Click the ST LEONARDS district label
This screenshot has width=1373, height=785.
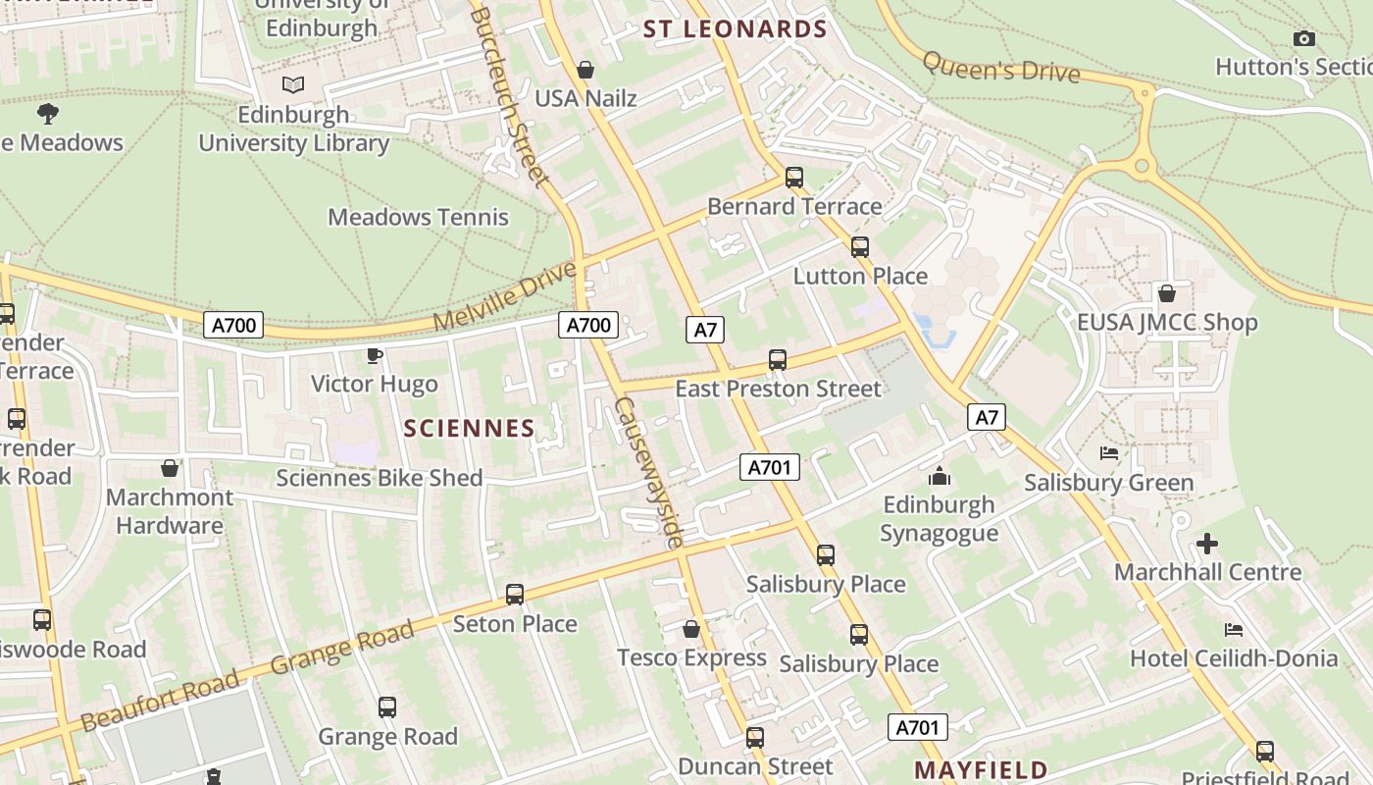736,29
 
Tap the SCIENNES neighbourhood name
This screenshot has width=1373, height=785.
470,428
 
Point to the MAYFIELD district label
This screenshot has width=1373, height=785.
981,768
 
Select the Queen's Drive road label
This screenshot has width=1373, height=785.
1000,66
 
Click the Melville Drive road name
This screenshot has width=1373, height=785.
505,295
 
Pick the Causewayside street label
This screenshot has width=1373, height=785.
648,472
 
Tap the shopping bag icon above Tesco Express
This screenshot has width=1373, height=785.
691,629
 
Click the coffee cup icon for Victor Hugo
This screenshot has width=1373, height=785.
374,355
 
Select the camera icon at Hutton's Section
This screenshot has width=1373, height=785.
1303,39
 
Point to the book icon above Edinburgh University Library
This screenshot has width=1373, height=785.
293,85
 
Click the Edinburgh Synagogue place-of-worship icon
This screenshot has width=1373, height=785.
940,477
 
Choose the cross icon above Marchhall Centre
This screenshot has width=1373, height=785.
1207,544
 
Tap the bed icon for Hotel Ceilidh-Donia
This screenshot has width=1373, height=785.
1234,629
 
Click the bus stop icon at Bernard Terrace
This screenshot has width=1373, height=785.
794,178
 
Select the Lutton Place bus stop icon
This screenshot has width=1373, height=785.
860,247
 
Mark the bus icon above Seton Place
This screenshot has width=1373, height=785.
515,595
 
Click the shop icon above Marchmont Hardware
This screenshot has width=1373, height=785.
170,468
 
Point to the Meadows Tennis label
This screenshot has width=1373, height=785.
418,217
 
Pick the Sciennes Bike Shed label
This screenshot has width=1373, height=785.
379,478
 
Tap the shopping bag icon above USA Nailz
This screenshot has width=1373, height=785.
585,70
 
